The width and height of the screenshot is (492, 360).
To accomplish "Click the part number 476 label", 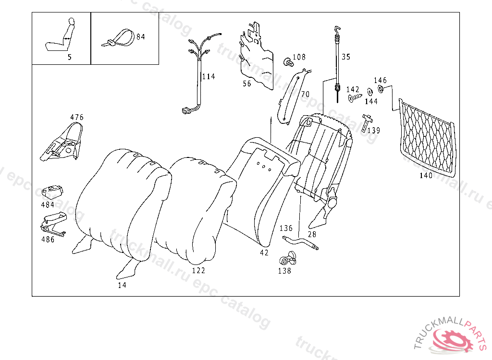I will (77, 117).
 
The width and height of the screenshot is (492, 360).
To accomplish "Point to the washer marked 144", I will (369, 92).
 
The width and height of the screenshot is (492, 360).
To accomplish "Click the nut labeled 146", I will (381, 89).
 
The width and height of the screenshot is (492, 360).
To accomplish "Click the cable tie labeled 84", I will (118, 38).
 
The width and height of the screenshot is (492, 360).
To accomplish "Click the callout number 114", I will (209, 77).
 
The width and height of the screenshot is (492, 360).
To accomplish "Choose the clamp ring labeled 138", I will (287, 260).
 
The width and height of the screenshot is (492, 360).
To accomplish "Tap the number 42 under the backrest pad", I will (264, 252).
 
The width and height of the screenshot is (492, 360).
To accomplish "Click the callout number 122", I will (198, 271).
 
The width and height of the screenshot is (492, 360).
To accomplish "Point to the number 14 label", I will (122, 285).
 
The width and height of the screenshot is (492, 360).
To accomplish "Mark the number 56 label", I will (246, 84).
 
